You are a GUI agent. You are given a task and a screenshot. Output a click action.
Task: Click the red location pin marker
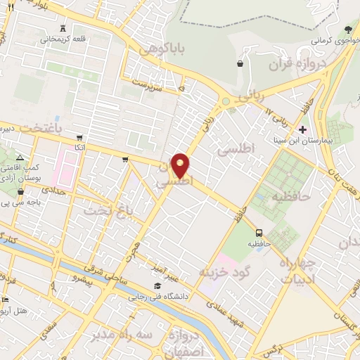point(181,166)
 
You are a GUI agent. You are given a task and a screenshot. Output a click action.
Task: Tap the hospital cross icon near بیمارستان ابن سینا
point(303,129)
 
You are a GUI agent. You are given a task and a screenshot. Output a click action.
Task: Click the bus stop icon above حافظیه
point(259,233)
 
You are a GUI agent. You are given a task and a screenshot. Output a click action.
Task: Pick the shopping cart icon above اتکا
point(79,137)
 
